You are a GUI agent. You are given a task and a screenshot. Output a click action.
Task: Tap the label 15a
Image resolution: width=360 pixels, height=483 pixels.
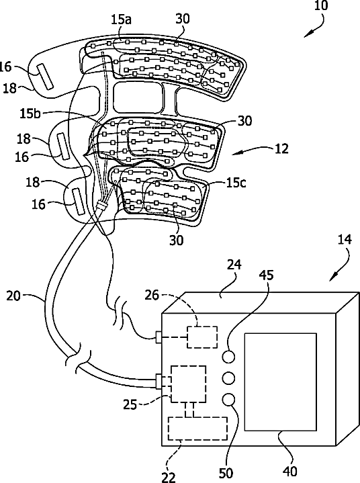pos(121,19)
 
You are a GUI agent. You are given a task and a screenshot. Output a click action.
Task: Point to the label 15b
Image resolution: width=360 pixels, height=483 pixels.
pos(30,114)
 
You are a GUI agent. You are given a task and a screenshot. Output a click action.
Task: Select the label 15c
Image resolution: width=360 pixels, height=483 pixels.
pos(236,183)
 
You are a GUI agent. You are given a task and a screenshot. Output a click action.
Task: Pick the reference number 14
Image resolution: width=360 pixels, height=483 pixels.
pos(345,239)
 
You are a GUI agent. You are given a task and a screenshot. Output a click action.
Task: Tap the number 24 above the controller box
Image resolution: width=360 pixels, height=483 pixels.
pos(234,265)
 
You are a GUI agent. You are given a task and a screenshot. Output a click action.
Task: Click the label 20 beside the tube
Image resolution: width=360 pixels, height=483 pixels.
pos(13,296)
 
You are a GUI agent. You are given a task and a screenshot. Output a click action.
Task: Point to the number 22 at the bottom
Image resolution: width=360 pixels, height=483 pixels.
pos(169,477)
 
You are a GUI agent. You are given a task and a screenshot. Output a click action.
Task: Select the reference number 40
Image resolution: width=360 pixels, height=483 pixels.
pos(289,472)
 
